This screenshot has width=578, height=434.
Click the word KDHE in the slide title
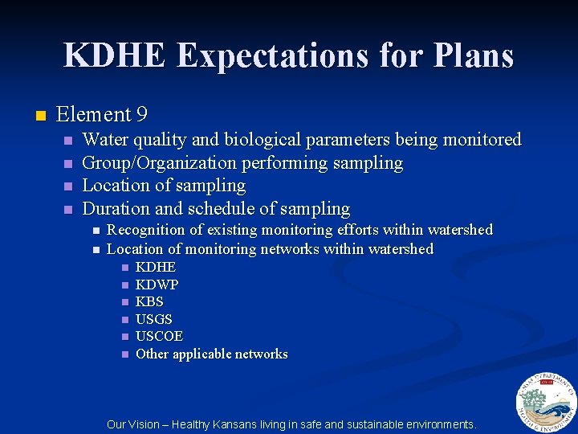coord(116,55)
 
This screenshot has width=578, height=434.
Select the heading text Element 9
coord(102,115)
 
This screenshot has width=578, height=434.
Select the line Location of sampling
coord(164,186)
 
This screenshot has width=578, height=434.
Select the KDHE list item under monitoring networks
coord(156,267)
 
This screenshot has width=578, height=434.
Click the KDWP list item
coord(157,285)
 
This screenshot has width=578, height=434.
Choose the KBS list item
coord(149,302)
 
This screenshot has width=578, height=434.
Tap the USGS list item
coord(154,319)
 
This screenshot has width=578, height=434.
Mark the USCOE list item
coord(159,336)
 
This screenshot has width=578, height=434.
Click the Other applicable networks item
coord(211,354)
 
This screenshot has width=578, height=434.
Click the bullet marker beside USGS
coord(124,320)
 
